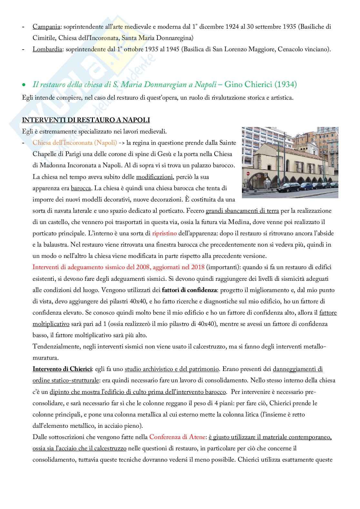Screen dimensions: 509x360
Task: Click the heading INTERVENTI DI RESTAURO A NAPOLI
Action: tap(86, 120)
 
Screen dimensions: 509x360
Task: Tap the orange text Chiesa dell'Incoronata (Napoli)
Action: tap(75, 142)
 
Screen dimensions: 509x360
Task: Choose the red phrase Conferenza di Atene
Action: tap(177, 437)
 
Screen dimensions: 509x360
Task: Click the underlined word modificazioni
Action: tap(155, 177)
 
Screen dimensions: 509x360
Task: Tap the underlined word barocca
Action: tap(81, 188)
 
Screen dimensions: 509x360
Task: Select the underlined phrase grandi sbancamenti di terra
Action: tap(242, 210)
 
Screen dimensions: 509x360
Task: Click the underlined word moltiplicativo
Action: tap(51, 324)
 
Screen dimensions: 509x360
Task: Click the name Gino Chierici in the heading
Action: tap(248, 84)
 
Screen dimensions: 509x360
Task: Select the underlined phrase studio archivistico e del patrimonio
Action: tap(172, 369)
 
